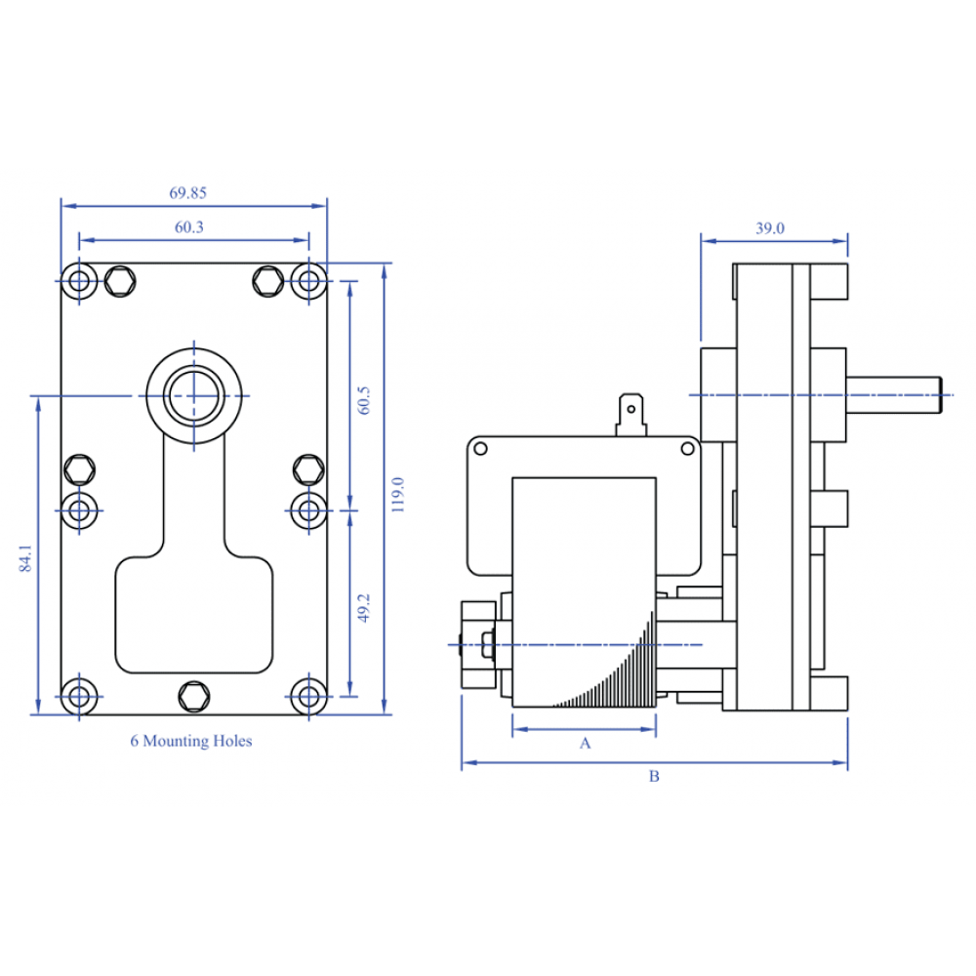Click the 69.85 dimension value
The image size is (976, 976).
click(187, 193)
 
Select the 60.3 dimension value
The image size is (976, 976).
click(188, 227)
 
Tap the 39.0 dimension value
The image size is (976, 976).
click(770, 228)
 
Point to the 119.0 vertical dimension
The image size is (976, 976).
click(398, 495)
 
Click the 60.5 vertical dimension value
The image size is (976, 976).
click(363, 400)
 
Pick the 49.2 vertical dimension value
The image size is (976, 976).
click(363, 607)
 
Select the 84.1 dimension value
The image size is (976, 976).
click(25, 557)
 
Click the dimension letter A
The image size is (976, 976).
click(585, 743)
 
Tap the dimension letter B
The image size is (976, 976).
click(654, 776)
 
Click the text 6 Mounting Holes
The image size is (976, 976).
click(191, 741)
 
